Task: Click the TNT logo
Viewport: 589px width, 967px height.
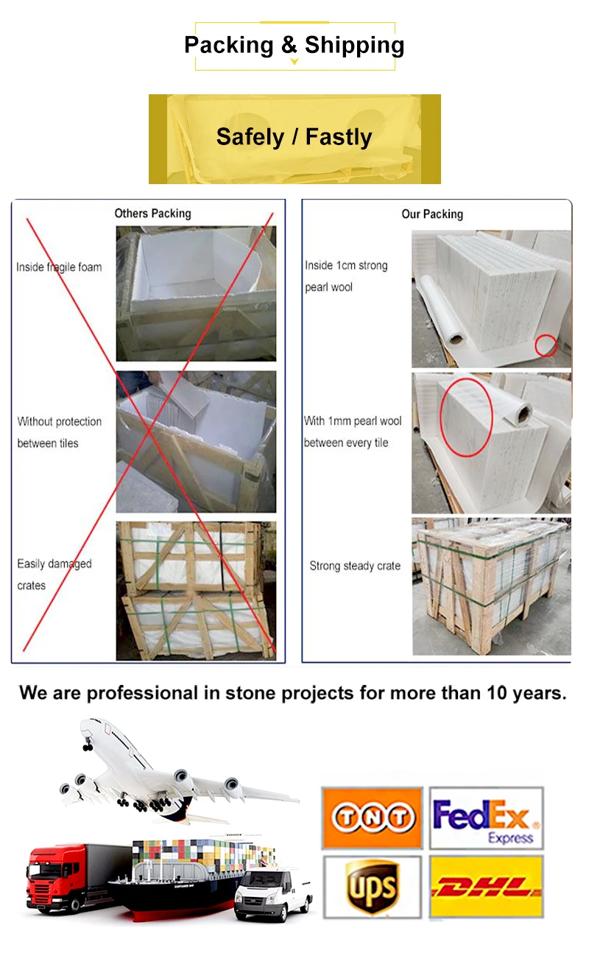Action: pos(372,818)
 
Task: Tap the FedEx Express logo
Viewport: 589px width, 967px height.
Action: pos(485,818)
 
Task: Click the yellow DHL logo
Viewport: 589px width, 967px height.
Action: pos(485,886)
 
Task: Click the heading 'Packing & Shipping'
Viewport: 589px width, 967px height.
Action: pos(294,45)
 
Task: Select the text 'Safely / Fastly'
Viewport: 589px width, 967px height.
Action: pos(294,137)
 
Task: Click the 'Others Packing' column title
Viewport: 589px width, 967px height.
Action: pos(152,214)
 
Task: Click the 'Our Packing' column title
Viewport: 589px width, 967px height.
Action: pos(432,214)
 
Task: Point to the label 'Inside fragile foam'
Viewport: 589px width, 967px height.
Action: pos(59,267)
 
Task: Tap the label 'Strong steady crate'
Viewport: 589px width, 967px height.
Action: pos(355,566)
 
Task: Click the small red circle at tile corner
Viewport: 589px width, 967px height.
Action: pos(546,345)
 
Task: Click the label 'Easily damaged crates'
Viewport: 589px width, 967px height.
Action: pos(54,574)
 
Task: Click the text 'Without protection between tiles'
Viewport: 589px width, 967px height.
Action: pos(59,432)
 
